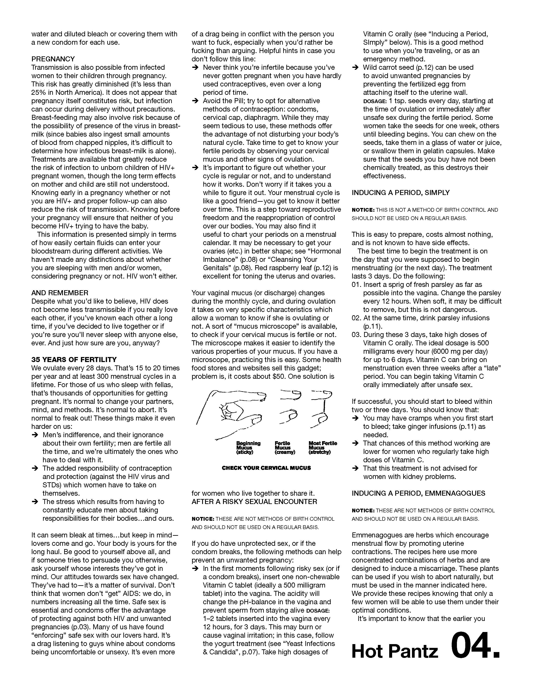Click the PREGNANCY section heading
53,59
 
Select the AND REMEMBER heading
60,293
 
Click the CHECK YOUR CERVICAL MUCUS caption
266,468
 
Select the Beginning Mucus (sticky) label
248,448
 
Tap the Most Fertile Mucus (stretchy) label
323,448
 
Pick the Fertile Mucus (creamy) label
284,448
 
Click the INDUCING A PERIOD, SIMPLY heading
400,193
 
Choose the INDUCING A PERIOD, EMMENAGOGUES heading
418,493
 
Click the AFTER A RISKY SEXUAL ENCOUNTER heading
254,502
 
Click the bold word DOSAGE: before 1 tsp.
375,101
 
